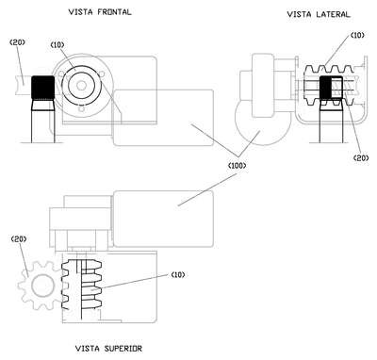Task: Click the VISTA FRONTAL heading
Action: (100, 12)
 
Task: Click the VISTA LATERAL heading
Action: (319, 14)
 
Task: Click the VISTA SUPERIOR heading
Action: (108, 349)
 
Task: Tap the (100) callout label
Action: (237, 165)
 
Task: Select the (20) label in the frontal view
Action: (18, 41)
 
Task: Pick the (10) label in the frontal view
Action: (57, 45)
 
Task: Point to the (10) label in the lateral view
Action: (357, 35)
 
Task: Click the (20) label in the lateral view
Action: (361, 157)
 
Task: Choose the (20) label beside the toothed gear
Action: (19, 239)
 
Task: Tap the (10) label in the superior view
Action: (178, 275)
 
